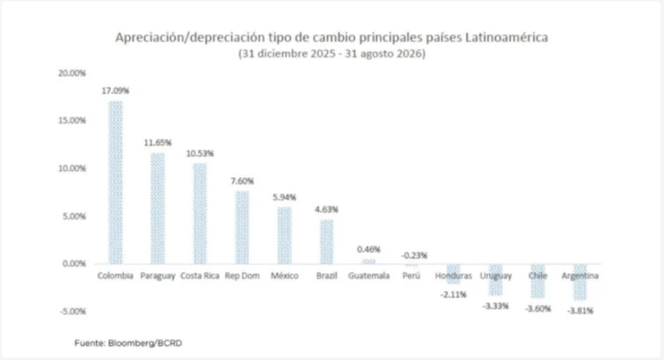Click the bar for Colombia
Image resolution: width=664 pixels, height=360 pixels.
click(x=115, y=182)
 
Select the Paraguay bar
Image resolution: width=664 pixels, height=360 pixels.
click(x=158, y=208)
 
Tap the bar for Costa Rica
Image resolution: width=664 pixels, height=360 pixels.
click(x=200, y=213)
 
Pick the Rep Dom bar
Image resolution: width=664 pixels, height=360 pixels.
click(x=243, y=228)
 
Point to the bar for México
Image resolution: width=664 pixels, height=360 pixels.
click(x=285, y=235)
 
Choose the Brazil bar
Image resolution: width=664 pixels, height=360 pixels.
click(x=327, y=242)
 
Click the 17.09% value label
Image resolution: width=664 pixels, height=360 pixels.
click(x=115, y=91)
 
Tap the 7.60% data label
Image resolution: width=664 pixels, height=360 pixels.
click(x=243, y=181)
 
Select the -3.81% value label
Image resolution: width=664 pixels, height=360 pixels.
click(x=580, y=311)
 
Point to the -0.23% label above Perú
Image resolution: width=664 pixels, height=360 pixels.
click(x=414, y=256)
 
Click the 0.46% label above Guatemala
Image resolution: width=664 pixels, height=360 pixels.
click(x=369, y=250)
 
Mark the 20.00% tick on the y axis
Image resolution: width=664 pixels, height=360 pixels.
click(x=72, y=73)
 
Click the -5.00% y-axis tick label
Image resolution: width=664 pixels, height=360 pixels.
click(x=73, y=311)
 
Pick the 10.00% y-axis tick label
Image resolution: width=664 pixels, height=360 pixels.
click(x=72, y=169)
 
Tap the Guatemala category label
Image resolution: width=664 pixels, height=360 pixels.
click(x=369, y=276)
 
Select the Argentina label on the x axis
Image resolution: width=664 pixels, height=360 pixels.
click(x=580, y=276)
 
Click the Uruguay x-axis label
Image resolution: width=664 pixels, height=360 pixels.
click(x=496, y=276)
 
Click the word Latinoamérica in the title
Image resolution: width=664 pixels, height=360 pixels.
click(x=506, y=37)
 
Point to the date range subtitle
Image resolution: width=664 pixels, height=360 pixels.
click(x=332, y=54)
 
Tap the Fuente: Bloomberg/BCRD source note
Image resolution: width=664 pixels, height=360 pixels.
click(x=128, y=343)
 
